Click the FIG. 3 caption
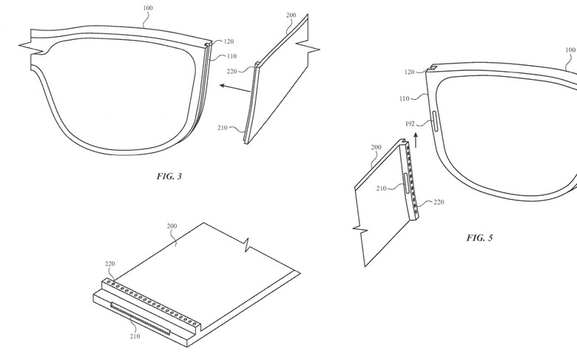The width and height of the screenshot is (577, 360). coord(169,177)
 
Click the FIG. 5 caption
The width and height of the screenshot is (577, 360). coord(479,238)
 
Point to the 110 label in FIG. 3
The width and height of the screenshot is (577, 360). coord(232,56)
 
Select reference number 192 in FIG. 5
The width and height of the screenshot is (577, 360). coord(410,123)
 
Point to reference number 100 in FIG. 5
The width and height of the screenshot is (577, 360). coord(570,50)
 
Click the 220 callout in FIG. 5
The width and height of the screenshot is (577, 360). coord(438,202)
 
